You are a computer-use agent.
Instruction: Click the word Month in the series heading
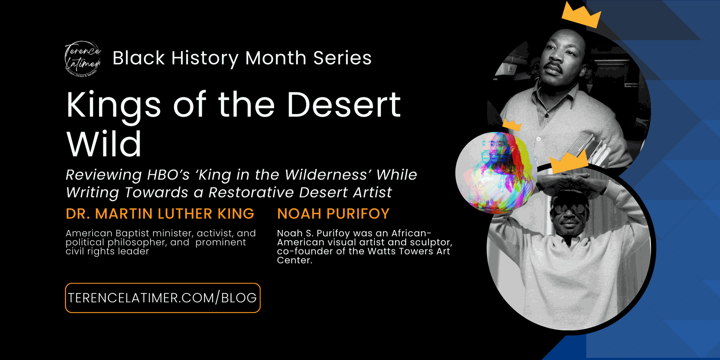pyautogui.click(x=276, y=58)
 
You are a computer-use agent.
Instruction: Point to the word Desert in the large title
pyautogui.click(x=344, y=105)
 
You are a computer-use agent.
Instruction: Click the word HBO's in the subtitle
pyautogui.click(x=168, y=175)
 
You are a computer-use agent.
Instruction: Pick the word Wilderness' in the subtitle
pyautogui.click(x=328, y=175)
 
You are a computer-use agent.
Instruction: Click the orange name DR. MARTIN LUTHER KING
pyautogui.click(x=160, y=214)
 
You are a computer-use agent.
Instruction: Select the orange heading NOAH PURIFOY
pyautogui.click(x=333, y=214)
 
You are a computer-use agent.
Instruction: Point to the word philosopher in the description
pyautogui.click(x=137, y=243)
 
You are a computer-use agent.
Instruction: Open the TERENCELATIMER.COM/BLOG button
pyautogui.click(x=163, y=298)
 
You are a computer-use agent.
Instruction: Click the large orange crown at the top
pyautogui.click(x=581, y=15)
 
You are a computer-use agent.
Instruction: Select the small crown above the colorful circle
pyautogui.click(x=512, y=124)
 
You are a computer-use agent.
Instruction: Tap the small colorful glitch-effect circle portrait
pyautogui.click(x=496, y=173)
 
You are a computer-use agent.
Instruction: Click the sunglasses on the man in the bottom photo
pyautogui.click(x=569, y=208)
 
